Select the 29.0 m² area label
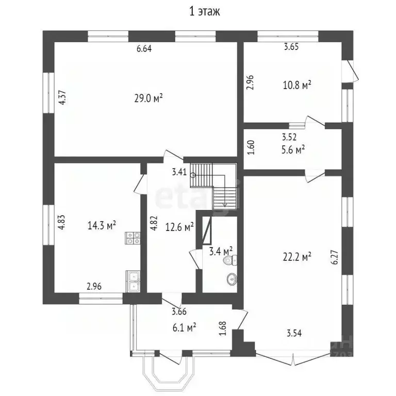click(x=145, y=97)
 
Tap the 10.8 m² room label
click(x=299, y=85)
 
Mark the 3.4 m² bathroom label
click(x=221, y=251)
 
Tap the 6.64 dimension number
click(x=144, y=49)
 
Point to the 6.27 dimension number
click(x=335, y=257)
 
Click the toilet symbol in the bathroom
click(x=228, y=261)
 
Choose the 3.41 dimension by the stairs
click(x=179, y=172)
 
